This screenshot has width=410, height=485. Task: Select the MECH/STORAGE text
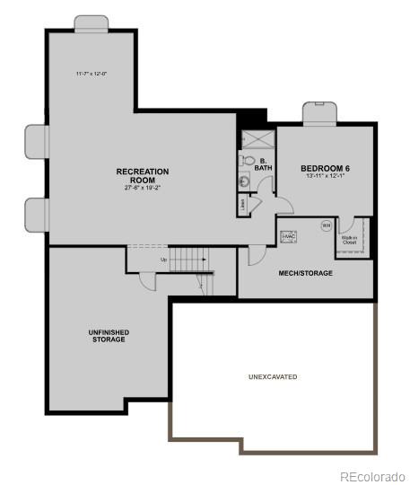coord(305,273)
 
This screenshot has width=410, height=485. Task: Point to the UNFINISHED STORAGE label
coord(109,336)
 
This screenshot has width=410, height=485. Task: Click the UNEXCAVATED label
coord(273,376)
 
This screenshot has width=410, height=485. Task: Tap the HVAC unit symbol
coord(288,237)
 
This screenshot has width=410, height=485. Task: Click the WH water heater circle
coord(326,225)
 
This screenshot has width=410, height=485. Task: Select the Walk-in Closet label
coord(349,240)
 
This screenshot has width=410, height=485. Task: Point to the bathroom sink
coord(244,181)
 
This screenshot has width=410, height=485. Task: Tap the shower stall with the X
coord(257,138)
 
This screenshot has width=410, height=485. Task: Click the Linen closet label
coord(244,204)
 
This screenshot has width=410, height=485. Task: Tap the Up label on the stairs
coord(163,260)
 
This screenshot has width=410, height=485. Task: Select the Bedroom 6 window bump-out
coord(318,114)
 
